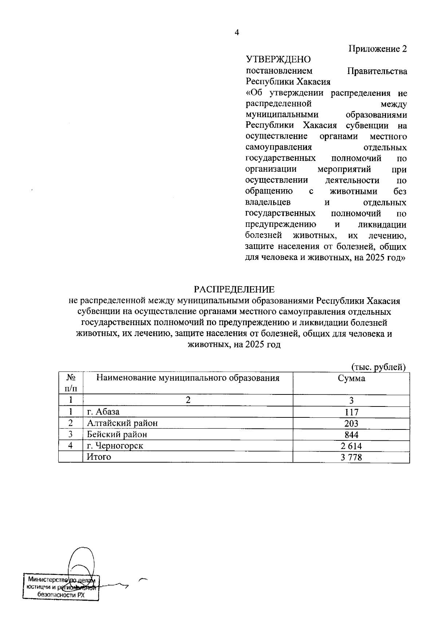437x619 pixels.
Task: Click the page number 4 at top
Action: pyautogui.click(x=236, y=33)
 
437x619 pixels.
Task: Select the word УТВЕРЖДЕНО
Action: pyautogui.click(x=279, y=59)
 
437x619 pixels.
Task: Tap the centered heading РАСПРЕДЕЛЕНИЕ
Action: pyautogui.click(x=234, y=289)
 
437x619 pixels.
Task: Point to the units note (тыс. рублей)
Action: pyautogui.click(x=378, y=367)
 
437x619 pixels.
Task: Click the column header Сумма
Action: pyautogui.click(x=351, y=378)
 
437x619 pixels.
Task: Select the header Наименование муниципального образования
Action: pyautogui.click(x=188, y=378)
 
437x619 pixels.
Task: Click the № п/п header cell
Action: pyautogui.click(x=71, y=383)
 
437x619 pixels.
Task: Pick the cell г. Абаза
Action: pyautogui.click(x=103, y=412)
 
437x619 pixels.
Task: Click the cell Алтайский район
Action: pyautogui.click(x=122, y=423)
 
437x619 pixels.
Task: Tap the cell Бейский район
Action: pyautogui.click(x=117, y=435)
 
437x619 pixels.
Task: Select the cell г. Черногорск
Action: pyautogui.click(x=115, y=446)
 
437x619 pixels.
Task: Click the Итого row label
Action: pyautogui.click(x=99, y=457)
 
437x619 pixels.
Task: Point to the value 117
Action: pyautogui.click(x=351, y=412)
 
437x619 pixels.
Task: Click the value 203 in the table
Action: pyautogui.click(x=351, y=424)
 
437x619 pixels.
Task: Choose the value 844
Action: pyautogui.click(x=351, y=435)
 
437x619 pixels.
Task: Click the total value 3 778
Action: pyautogui.click(x=351, y=457)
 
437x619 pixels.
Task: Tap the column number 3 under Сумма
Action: pyautogui.click(x=351, y=401)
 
